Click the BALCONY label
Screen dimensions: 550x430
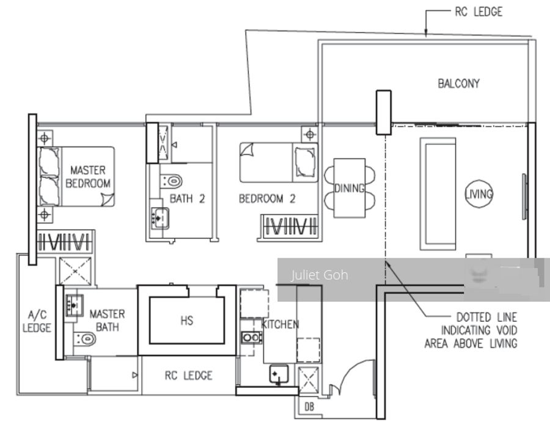(x=458, y=84)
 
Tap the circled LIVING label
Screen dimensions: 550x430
(x=479, y=194)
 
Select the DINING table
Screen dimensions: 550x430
(x=349, y=188)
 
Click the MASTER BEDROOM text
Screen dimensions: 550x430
(x=87, y=177)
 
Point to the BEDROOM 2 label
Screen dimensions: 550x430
(x=267, y=199)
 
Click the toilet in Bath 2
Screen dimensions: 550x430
(x=172, y=181)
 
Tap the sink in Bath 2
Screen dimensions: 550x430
(x=159, y=218)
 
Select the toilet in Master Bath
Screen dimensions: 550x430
(x=85, y=339)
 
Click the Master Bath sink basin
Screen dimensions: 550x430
(x=75, y=305)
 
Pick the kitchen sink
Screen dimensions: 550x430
(x=279, y=374)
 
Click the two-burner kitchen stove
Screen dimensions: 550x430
(x=251, y=338)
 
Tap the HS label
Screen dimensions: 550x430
(x=186, y=321)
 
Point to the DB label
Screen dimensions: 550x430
(x=309, y=407)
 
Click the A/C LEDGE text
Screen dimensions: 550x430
(x=37, y=321)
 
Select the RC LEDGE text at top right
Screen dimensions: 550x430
(x=479, y=12)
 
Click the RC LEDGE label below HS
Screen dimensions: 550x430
(x=188, y=376)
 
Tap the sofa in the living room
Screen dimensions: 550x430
(x=438, y=194)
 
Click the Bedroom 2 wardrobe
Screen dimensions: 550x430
(x=290, y=227)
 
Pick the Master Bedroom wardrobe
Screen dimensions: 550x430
(x=65, y=242)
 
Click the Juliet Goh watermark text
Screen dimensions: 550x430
(x=320, y=275)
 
